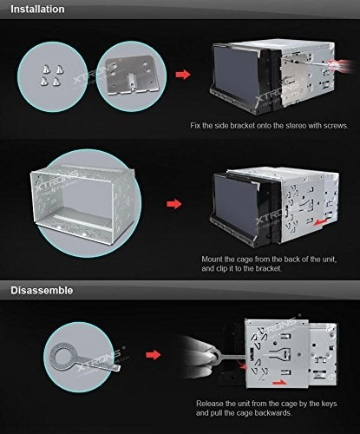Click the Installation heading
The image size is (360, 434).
coord(37,9)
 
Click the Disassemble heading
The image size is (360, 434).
coord(42,290)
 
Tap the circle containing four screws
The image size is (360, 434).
coord(52,76)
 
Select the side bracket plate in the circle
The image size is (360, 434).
coord(130,75)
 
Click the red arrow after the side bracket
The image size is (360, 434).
coord(183,75)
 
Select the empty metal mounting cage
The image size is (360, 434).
coord(83,202)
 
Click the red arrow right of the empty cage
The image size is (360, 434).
coord(174,204)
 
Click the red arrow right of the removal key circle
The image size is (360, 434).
coord(153,355)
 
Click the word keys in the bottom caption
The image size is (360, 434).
coord(328,404)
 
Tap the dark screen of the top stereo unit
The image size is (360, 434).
coord(236,75)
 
